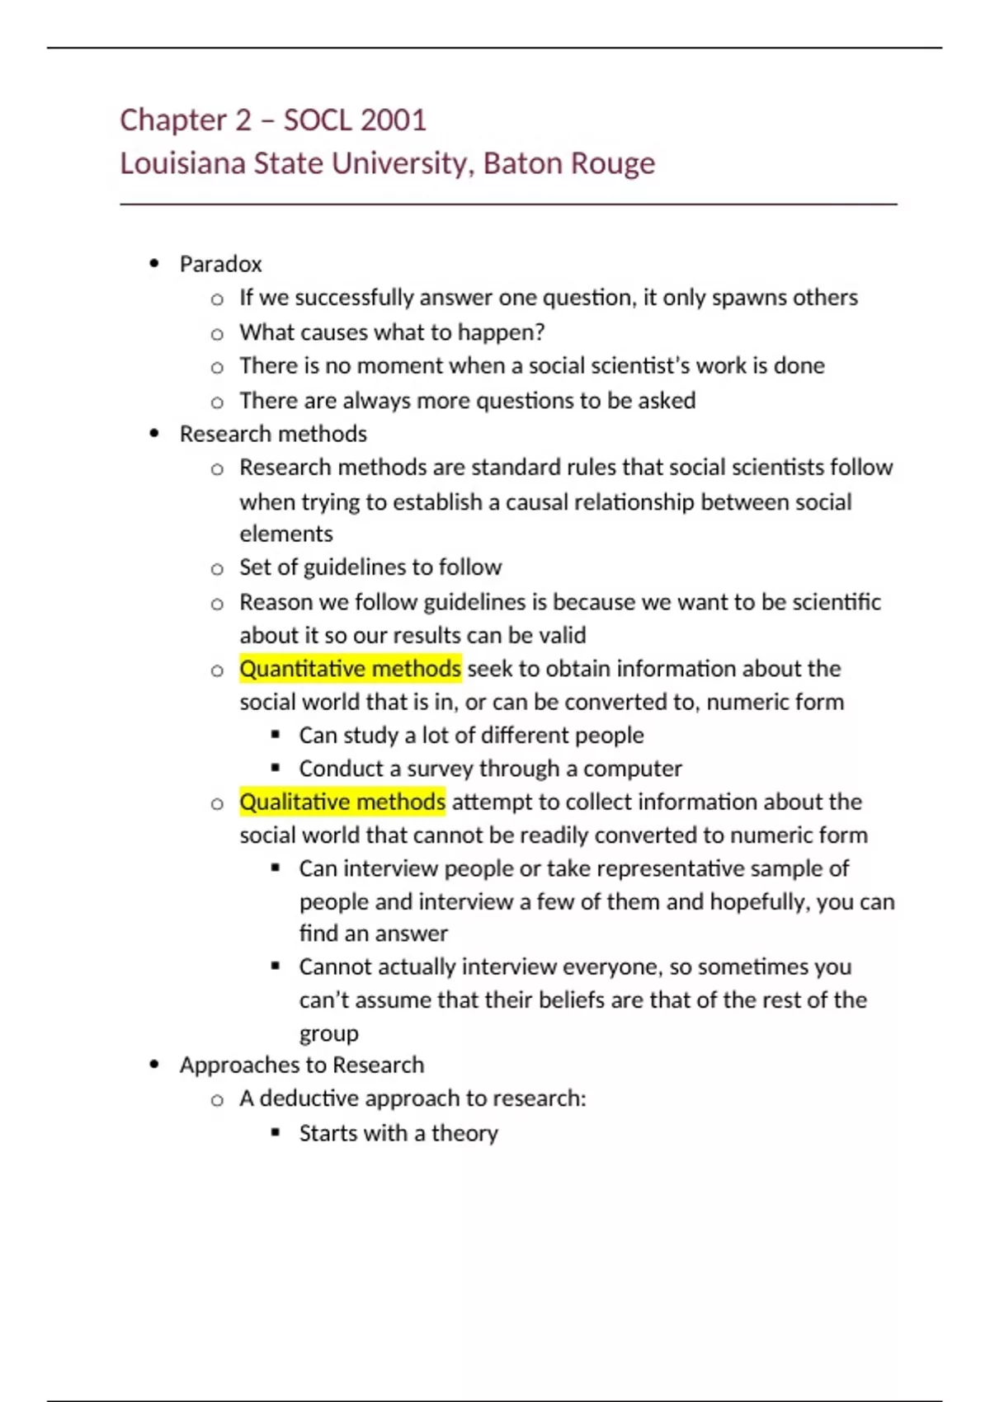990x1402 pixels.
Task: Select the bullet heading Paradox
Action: click(x=220, y=264)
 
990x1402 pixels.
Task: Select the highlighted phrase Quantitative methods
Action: click(x=350, y=669)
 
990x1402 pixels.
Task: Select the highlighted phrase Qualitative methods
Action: click(x=342, y=802)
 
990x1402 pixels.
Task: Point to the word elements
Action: click(x=286, y=534)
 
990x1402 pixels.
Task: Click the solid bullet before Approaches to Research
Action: click(x=154, y=1065)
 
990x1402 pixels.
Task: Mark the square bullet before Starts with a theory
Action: click(x=276, y=1132)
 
